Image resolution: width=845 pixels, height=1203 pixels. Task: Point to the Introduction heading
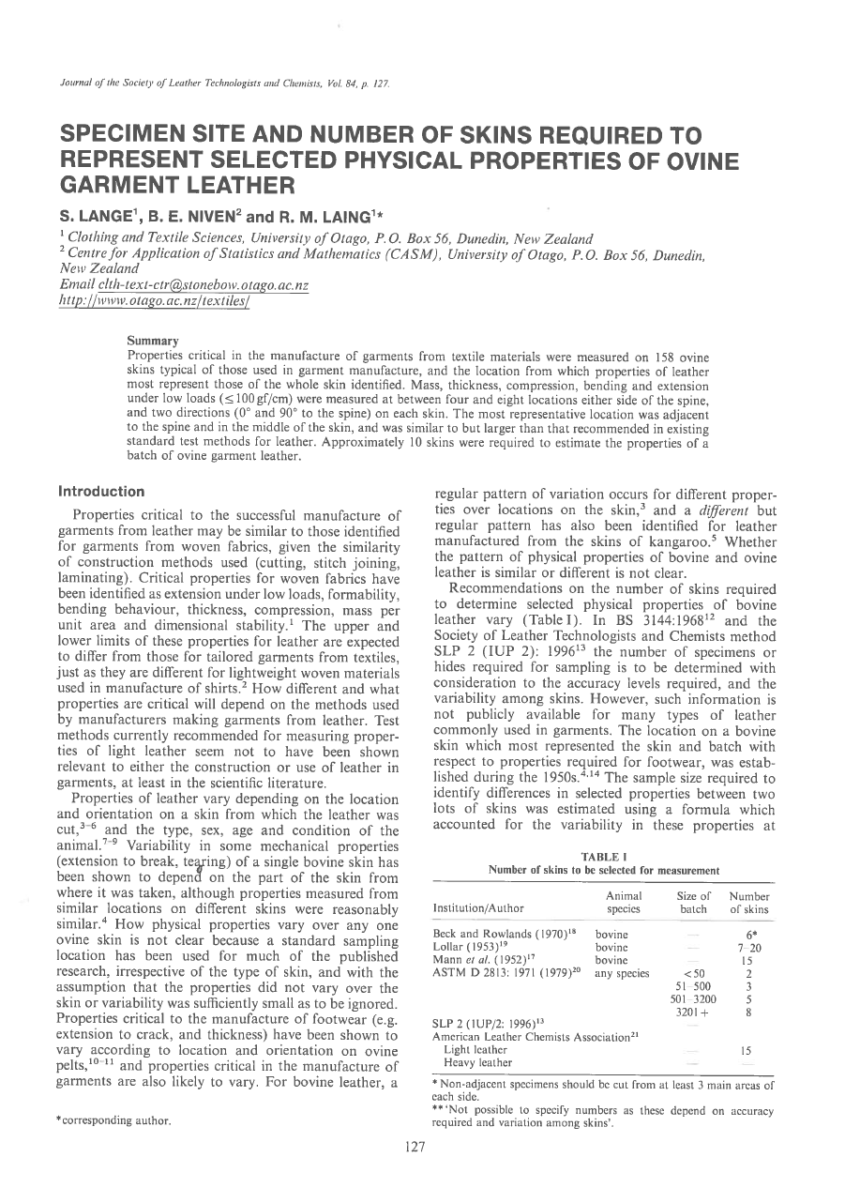pos(101,491)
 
